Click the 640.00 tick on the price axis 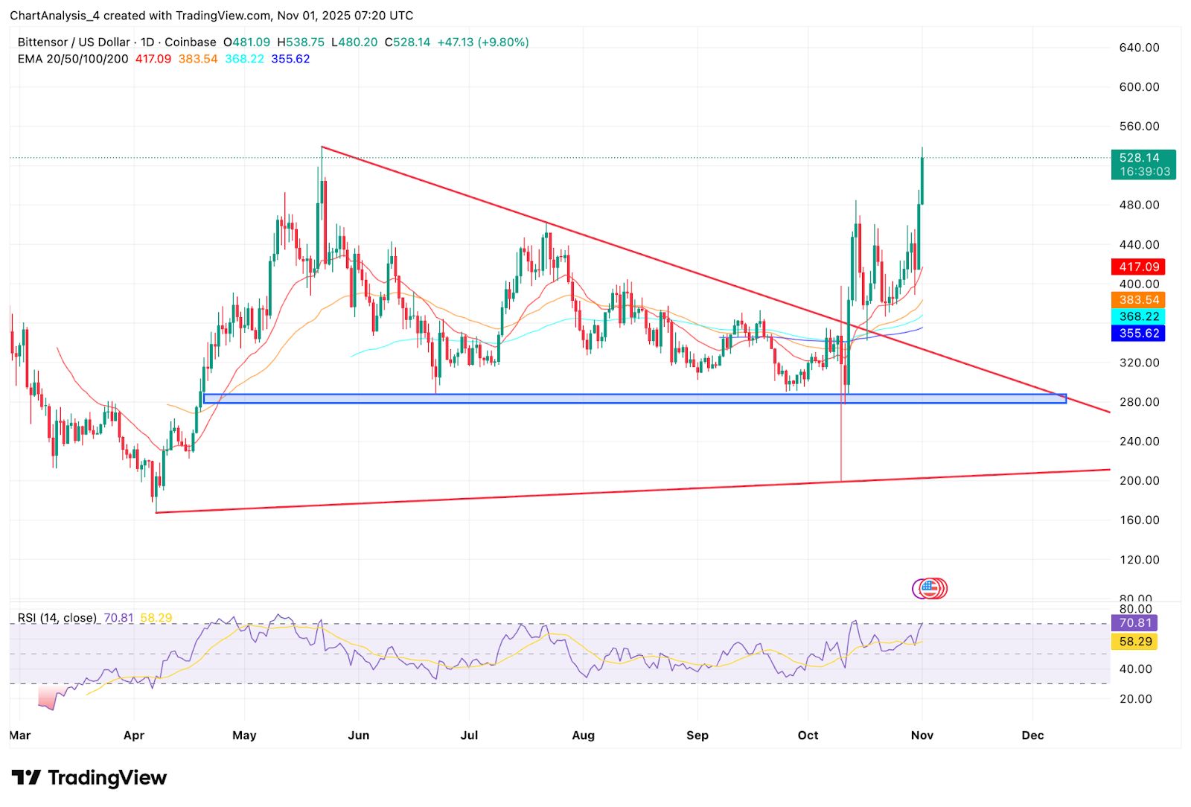[x=1139, y=48]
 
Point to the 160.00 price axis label [x=1139, y=520]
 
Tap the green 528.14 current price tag [x=1143, y=164]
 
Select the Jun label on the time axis [x=358, y=735]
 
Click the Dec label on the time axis [x=1032, y=735]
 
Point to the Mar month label [x=20, y=735]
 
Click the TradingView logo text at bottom [x=89, y=778]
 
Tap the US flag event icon [x=928, y=588]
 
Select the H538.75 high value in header [x=301, y=42]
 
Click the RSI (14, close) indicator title [x=57, y=618]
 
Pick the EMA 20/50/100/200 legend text [x=73, y=59]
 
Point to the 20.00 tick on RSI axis [x=1135, y=698]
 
